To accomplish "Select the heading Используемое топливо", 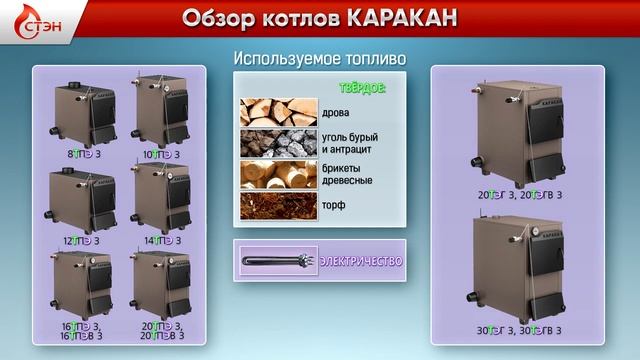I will [x=319, y=59].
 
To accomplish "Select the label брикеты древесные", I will [x=348, y=174].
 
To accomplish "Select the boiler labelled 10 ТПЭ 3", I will [x=160, y=115].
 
